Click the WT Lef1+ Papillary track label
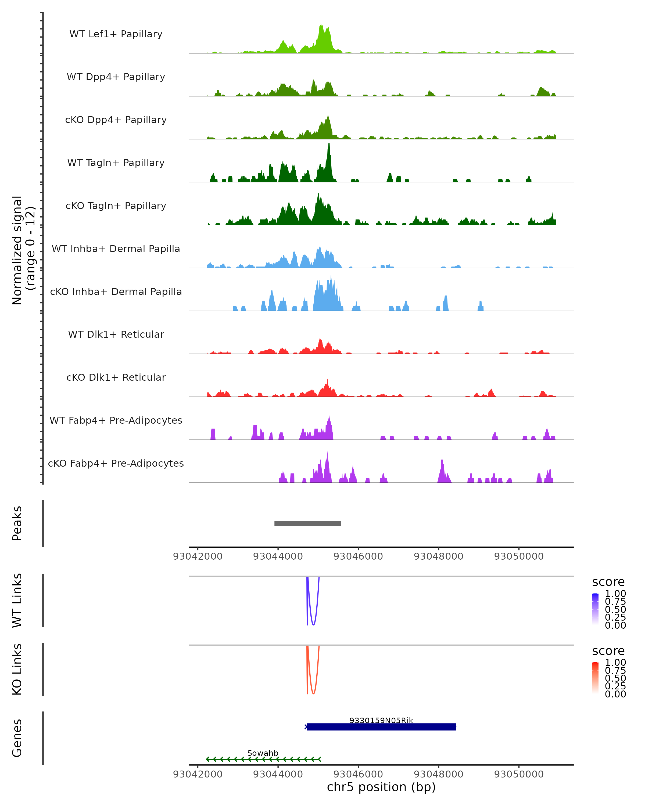pos(116,34)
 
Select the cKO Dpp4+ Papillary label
pos(116,120)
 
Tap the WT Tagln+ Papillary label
pos(116,163)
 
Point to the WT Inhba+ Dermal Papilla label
pos(116,249)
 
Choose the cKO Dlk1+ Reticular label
pos(116,377)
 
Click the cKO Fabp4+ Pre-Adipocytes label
pos(116,463)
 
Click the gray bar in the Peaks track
pos(308,523)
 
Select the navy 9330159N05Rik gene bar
pos(381,727)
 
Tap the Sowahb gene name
pos(263,753)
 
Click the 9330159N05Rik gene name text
pos(381,720)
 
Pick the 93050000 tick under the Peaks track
pos(519,556)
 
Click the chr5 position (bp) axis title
pos(381,787)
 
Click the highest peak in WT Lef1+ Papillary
pos(321,25)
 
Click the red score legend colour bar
pos(595,678)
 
